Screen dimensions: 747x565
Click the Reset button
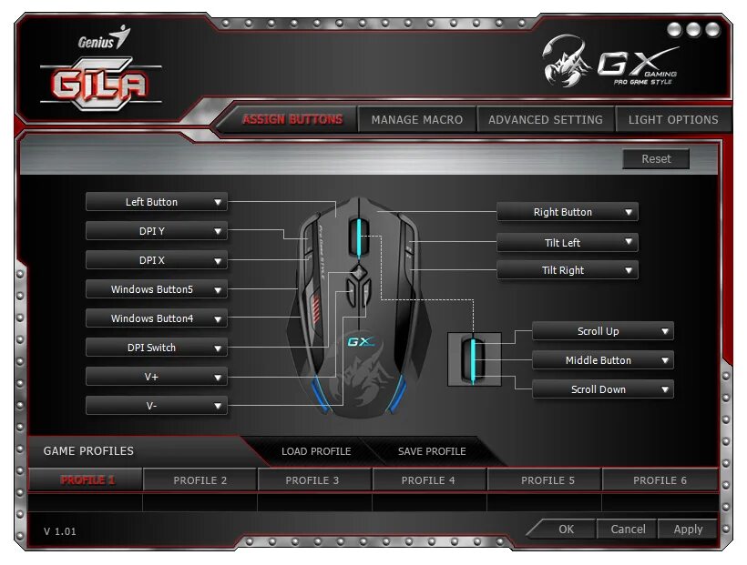656,159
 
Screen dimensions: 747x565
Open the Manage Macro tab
416,119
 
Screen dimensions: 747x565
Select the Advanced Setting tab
545,119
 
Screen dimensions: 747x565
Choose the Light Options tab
673,119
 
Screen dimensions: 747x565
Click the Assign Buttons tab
292,119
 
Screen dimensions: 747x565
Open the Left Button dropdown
156,202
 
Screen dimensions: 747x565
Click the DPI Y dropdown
156,231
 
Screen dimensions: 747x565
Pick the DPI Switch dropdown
156,348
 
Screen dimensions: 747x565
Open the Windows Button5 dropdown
156,289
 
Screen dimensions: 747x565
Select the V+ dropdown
156,377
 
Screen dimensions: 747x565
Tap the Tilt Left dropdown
567,243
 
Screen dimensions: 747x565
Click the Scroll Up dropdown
602,331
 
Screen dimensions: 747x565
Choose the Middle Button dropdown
602,360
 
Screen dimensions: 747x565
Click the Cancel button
628,529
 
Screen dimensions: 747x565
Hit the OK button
566,529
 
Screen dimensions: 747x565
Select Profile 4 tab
428,479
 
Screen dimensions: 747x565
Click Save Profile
432,451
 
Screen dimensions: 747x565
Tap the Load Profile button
315,451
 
